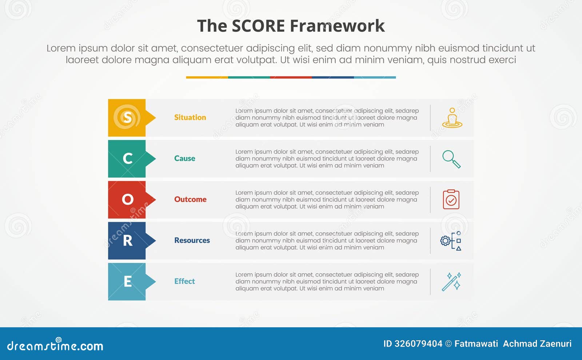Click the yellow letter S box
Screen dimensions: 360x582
(127, 118)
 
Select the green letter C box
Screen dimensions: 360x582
(127, 159)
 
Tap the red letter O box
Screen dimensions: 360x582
(127, 200)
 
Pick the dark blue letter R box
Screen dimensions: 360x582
(127, 240)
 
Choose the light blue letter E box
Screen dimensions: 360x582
(127, 281)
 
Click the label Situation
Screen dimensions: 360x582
(190, 117)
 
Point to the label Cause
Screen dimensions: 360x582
(184, 159)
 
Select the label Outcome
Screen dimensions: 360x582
(190, 199)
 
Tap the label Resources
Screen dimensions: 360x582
(192, 240)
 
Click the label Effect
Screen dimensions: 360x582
(184, 281)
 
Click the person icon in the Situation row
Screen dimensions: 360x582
(452, 118)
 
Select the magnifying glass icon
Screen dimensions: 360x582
(451, 159)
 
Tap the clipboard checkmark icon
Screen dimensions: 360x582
(451, 200)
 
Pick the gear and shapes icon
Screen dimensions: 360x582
(451, 241)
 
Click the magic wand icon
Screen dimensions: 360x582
(451, 281)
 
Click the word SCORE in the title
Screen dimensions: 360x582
(258, 26)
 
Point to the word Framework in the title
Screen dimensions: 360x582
(337, 26)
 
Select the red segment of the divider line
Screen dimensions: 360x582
(291, 77)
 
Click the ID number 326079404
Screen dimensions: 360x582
(418, 344)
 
